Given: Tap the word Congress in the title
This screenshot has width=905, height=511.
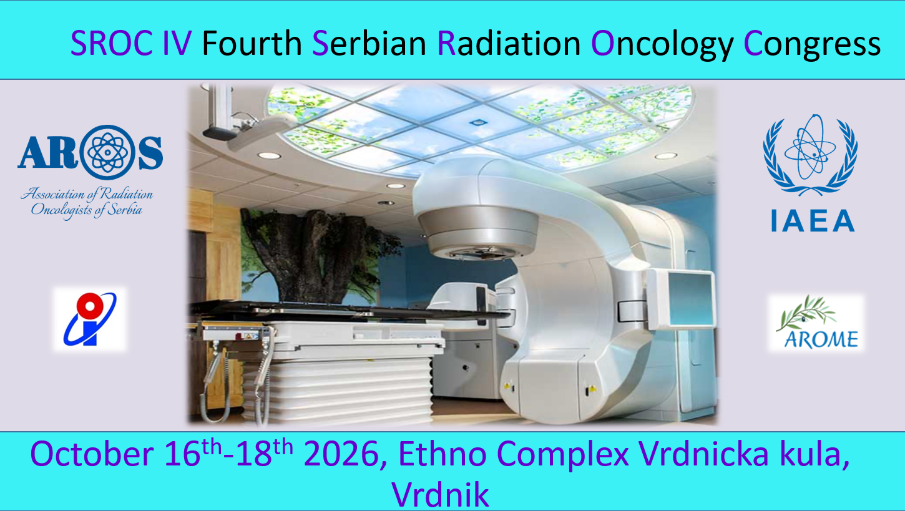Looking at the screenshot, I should (812, 44).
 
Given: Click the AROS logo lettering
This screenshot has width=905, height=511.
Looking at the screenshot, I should (90, 152).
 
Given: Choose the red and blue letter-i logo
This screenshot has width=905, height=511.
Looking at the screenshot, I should (89, 319).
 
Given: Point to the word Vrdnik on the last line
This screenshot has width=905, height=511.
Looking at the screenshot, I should (441, 494).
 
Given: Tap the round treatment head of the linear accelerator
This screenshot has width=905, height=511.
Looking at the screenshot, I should (477, 231).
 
